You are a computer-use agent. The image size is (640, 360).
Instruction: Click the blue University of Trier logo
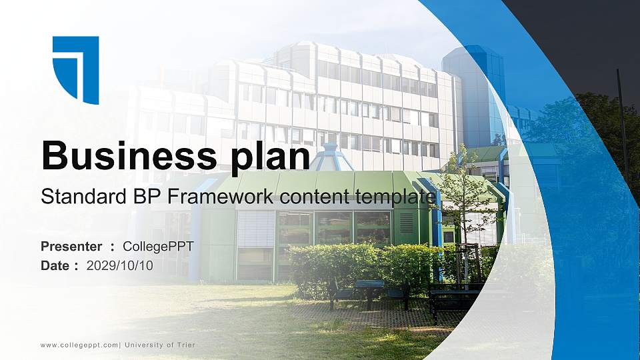[75, 69]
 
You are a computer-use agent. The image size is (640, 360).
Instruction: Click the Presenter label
[71, 247]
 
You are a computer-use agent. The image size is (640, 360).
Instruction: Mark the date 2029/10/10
[120, 265]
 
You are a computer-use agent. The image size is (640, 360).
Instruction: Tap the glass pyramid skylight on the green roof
[332, 159]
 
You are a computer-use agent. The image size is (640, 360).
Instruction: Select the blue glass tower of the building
[475, 93]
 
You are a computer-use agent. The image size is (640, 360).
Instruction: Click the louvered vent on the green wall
[406, 223]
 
